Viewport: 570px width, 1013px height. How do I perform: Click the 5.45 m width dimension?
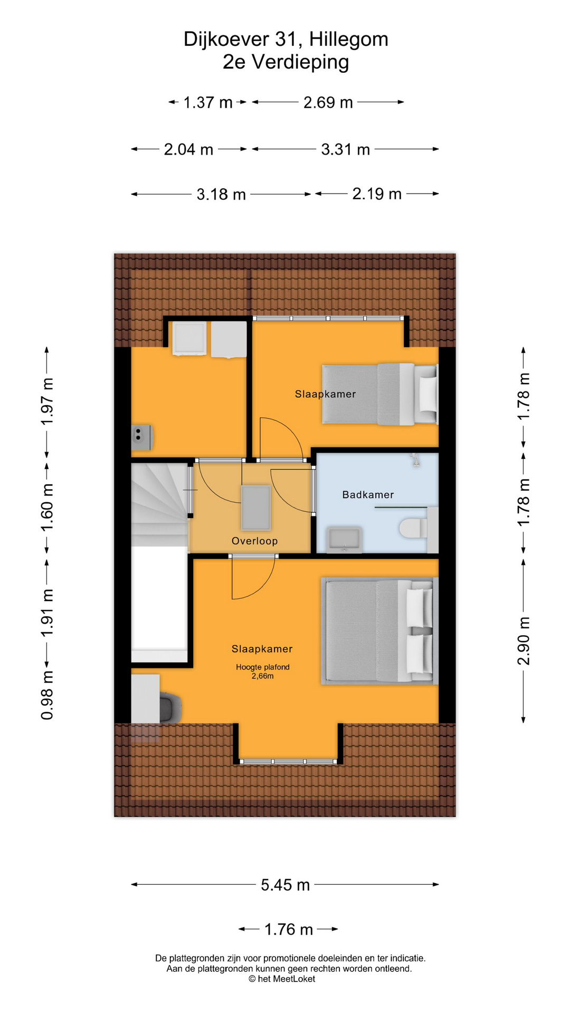[x=285, y=884]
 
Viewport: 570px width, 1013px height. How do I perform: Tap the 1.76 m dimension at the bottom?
[x=289, y=929]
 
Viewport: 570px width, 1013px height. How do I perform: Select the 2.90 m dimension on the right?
[x=523, y=641]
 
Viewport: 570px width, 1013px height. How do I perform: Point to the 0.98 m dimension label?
[x=47, y=696]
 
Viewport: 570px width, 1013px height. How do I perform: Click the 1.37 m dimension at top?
[x=208, y=102]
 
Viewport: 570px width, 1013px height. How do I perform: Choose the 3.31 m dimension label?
[x=345, y=149]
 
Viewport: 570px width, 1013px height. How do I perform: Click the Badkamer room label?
[x=368, y=495]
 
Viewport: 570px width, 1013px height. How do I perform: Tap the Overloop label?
[x=254, y=541]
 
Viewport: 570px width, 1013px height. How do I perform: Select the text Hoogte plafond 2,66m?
[x=262, y=671]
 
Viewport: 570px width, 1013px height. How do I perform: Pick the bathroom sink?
[x=344, y=539]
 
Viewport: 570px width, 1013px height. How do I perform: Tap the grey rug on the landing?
[x=256, y=508]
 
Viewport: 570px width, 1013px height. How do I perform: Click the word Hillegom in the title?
[x=348, y=39]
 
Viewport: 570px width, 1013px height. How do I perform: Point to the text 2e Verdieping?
[x=286, y=62]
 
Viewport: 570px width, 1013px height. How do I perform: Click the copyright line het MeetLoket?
[x=282, y=979]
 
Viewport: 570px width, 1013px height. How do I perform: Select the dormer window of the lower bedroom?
[x=288, y=761]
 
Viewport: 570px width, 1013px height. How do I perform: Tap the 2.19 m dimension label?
[x=377, y=194]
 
